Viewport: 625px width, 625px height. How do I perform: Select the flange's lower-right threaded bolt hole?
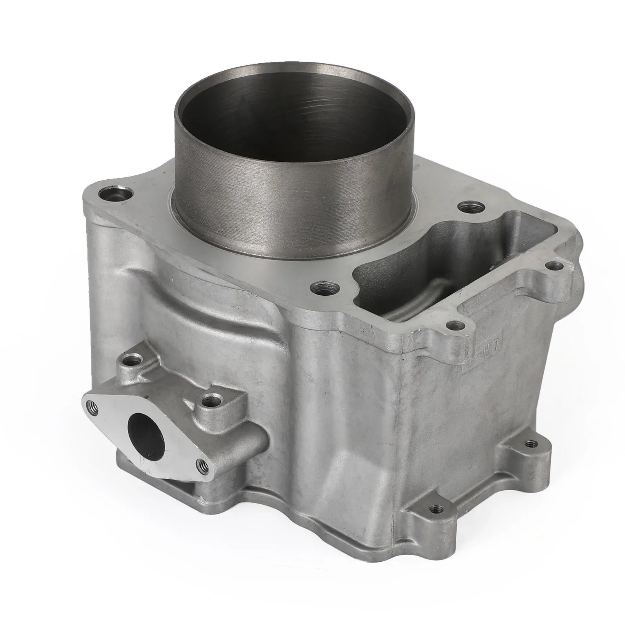[202, 465]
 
